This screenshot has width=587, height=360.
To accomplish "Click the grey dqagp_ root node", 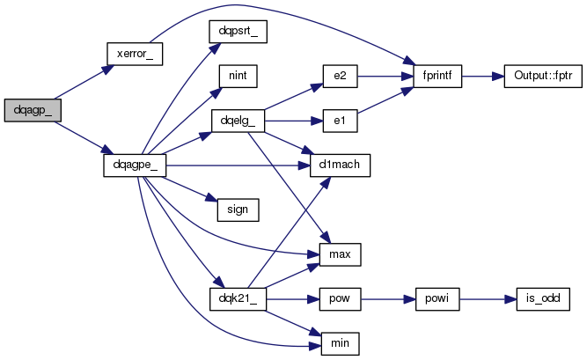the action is click(x=33, y=111).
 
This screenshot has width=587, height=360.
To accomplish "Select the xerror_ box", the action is click(x=135, y=54).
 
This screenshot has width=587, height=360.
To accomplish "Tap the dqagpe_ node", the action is click(x=135, y=165).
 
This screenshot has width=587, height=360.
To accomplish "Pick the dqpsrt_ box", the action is click(x=238, y=32).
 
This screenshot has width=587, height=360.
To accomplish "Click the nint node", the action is click(x=238, y=76).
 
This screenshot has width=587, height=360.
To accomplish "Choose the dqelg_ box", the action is click(x=238, y=121).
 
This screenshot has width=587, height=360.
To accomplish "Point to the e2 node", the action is click(x=340, y=76).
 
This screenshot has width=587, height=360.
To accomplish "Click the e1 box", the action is click(x=340, y=121).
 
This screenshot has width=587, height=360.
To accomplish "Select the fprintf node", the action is click(x=437, y=76).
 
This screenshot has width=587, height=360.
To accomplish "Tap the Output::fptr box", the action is click(x=543, y=76).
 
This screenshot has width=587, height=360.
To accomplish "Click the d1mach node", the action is click(x=340, y=165).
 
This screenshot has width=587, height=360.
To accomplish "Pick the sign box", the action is click(x=238, y=209).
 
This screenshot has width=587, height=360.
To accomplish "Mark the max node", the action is click(x=340, y=254).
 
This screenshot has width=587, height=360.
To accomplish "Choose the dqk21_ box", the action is click(x=238, y=299).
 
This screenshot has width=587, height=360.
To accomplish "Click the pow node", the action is click(x=340, y=299).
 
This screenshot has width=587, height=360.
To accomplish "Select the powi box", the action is click(x=437, y=299).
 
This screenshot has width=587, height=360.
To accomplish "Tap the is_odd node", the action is click(x=543, y=299).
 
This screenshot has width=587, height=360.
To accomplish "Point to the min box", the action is click(x=340, y=343).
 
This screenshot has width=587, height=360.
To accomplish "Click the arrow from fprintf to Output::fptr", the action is click(x=483, y=77).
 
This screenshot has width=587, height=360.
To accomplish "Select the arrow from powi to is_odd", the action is click(x=488, y=299).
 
